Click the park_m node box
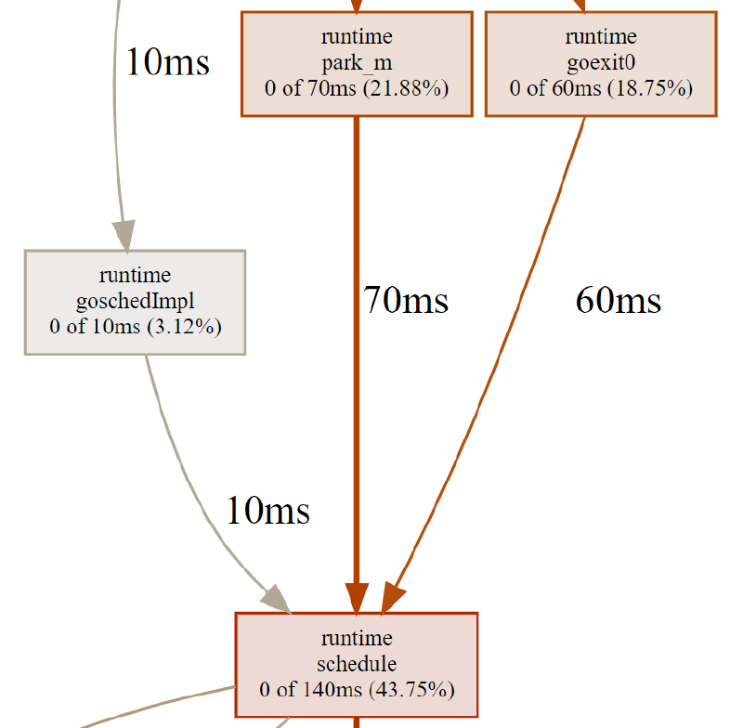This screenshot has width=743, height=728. pos(357,63)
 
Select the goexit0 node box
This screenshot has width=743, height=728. pos(601,63)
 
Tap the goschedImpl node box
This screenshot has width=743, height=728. pos(135,302)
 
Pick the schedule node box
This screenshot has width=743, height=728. pos(357,664)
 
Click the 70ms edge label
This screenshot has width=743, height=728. pos(406,300)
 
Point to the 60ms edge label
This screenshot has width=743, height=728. pos(619,300)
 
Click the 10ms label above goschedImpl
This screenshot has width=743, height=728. pos(167,62)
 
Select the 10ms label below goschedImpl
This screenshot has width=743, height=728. pos(267,510)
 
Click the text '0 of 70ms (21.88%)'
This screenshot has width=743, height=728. pos(357,89)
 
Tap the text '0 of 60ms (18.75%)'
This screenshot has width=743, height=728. pos(601,89)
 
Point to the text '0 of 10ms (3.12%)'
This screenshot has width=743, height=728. pos(135,327)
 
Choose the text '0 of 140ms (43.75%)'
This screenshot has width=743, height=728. pos(357,690)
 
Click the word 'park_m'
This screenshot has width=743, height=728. pos(357,63)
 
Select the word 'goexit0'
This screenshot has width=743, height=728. pos(601,63)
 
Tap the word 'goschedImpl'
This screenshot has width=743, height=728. pos(135,301)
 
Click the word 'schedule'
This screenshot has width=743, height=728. pos(357,664)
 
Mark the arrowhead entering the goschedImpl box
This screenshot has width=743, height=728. pos(124,234)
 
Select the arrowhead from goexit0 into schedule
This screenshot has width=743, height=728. pos(393,599)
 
